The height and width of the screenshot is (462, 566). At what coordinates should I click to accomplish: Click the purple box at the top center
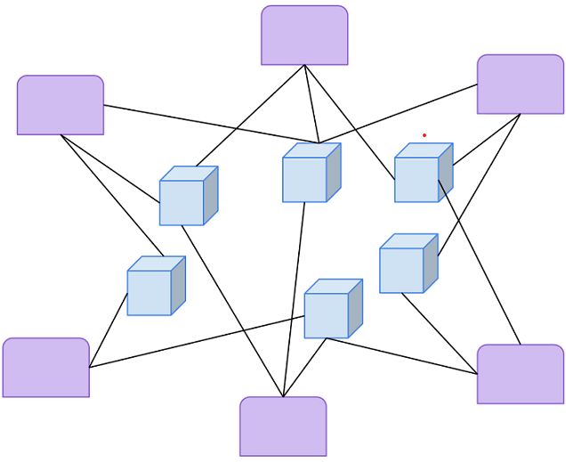(x=304, y=36)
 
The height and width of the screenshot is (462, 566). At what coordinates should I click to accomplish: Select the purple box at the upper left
(x=61, y=105)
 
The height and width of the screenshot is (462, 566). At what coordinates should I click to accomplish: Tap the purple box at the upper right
(x=521, y=85)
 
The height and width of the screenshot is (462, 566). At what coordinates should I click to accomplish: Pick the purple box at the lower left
(x=46, y=367)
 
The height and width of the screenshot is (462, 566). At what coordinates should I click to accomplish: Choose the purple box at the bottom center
(x=283, y=426)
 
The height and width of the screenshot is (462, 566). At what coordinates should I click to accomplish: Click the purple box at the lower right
(x=521, y=374)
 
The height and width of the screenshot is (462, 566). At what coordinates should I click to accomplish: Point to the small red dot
(x=424, y=135)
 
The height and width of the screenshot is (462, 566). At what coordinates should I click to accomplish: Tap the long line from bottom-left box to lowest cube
(x=196, y=341)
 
